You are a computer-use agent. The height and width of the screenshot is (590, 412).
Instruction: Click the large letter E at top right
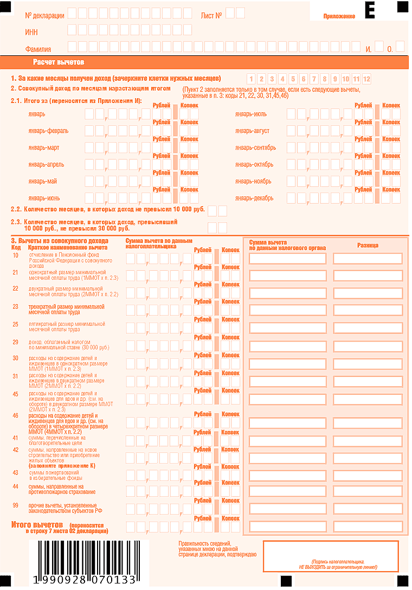(x=370, y=10)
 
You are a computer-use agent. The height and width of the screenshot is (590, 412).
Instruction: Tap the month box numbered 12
(x=367, y=79)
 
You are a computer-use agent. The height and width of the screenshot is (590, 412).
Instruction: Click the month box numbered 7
(x=314, y=79)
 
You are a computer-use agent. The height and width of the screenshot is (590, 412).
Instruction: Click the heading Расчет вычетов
(x=59, y=62)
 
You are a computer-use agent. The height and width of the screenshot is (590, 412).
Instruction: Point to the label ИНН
(x=31, y=32)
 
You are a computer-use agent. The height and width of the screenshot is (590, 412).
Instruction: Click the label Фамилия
(x=38, y=49)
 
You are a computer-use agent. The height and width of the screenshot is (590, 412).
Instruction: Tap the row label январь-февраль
(x=48, y=131)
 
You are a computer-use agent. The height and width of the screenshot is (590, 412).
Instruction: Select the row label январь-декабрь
(x=254, y=198)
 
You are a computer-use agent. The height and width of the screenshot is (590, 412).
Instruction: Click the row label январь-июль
(x=251, y=114)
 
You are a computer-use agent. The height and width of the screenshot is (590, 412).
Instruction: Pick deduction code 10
(x=16, y=255)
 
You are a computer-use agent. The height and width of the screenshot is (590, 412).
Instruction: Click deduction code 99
(x=16, y=505)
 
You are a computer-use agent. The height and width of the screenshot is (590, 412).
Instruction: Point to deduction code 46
(x=16, y=415)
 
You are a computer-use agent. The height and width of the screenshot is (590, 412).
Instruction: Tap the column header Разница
(x=368, y=245)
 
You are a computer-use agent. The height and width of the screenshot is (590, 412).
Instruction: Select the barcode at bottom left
(x=84, y=563)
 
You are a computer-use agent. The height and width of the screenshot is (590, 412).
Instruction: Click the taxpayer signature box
(x=333, y=556)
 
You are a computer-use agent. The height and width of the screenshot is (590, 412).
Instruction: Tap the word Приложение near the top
(x=339, y=16)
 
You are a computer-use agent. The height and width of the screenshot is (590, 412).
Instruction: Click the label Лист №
(x=211, y=15)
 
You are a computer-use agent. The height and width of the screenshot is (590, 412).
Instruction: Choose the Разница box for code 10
(x=368, y=259)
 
